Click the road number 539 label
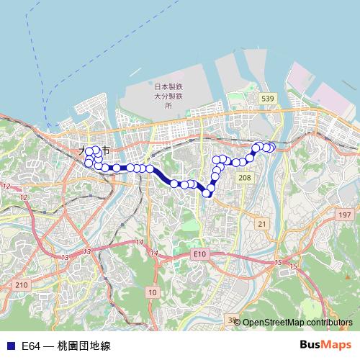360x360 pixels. coord(268,99)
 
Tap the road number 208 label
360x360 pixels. coord(246,177)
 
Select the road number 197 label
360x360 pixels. coord(345,215)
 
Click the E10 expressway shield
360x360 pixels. coord(199,254)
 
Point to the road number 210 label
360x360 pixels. coord(21,286)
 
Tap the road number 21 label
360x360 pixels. coord(262,225)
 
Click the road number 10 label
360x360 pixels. coord(152,292)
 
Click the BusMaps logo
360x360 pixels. coord(325,345)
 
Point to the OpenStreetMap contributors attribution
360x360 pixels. coord(297,323)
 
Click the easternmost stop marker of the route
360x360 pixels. coord(271,148)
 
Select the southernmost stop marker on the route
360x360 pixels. coord(209,192)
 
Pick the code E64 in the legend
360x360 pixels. coord(31,346)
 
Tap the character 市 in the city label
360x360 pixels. coord(106,151)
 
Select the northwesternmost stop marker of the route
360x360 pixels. coord(89,151)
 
